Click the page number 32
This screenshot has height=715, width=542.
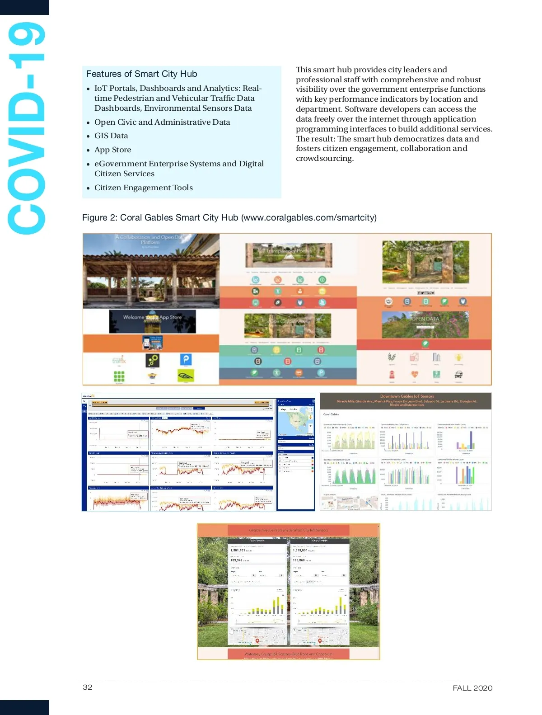click(87, 687)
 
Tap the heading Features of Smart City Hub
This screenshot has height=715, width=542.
click(141, 74)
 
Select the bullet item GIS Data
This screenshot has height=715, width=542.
click(111, 136)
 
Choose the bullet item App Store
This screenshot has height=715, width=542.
click(113, 150)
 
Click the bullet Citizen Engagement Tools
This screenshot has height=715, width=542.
click(143, 188)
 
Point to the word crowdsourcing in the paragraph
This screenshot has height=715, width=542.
click(324, 158)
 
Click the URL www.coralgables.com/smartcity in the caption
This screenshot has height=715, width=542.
click(309, 217)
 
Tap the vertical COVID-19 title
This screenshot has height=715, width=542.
click(26, 129)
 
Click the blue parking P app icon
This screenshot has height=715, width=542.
click(186, 359)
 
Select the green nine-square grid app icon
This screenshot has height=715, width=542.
click(119, 376)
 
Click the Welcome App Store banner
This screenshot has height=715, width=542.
click(152, 318)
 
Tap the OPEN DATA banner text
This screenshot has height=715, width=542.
click(425, 319)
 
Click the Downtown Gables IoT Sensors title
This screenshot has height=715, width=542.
click(407, 396)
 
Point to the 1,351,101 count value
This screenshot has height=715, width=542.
click(238, 550)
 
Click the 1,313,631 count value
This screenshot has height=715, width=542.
click(300, 550)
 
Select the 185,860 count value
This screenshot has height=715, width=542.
click(299, 560)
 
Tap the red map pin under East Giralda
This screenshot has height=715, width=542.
click(257, 640)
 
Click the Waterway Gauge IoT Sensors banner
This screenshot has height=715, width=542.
click(288, 654)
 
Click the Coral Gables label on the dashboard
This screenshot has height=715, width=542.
click(331, 414)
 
